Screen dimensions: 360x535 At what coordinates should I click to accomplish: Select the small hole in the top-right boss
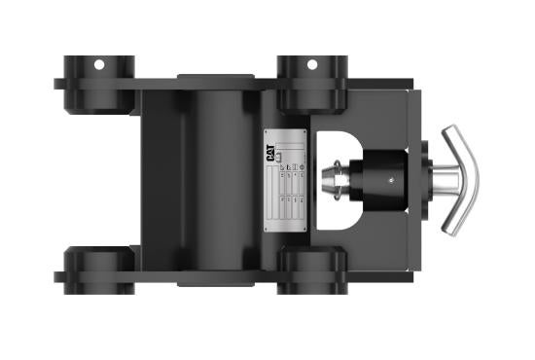click(x=312, y=65)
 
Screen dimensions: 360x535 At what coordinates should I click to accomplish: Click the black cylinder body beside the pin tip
click(x=382, y=181)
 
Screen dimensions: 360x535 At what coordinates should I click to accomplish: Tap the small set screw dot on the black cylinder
click(x=390, y=179)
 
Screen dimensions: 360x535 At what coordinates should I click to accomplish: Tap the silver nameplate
click(x=286, y=181)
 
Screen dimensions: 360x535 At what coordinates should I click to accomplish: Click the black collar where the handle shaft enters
click(x=422, y=181)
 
